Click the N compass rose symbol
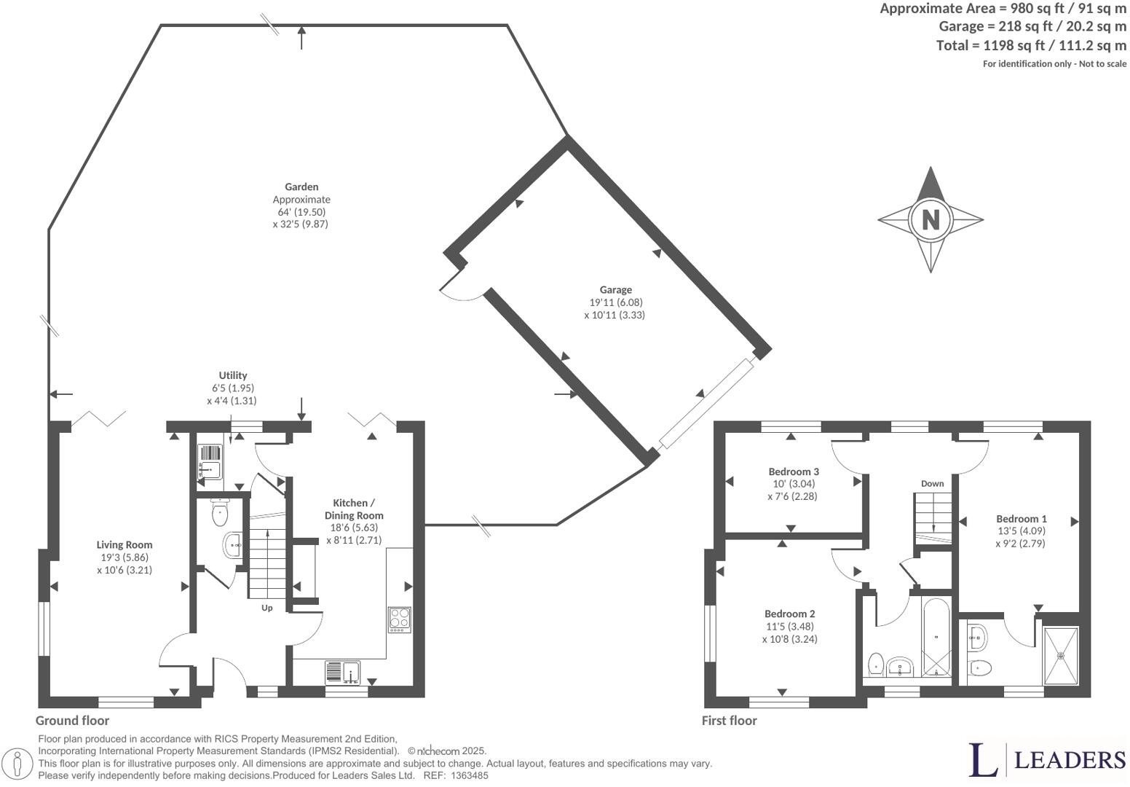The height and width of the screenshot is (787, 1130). pos(931,219)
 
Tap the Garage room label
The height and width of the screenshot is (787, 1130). pos(615,289)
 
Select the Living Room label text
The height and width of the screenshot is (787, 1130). pos(125,544)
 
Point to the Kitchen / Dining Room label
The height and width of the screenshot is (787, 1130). pos(354,509)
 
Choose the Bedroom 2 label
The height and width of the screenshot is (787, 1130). pos(789,614)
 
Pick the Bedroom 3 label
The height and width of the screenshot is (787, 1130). pos(794,471)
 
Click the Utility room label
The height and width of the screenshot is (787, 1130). pos(233,375)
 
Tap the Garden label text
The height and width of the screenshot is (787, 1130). pos(301,187)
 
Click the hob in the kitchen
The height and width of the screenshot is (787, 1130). pos(399,619)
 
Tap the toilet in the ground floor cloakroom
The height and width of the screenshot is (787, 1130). pos(219,514)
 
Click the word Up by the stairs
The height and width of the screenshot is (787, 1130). pos(267,608)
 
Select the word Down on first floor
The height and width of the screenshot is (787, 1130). pos(932,483)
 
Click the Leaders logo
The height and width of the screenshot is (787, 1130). pos(1047,759)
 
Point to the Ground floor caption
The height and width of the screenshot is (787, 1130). pos(73,720)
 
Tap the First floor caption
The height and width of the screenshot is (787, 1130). pos(729,720)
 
